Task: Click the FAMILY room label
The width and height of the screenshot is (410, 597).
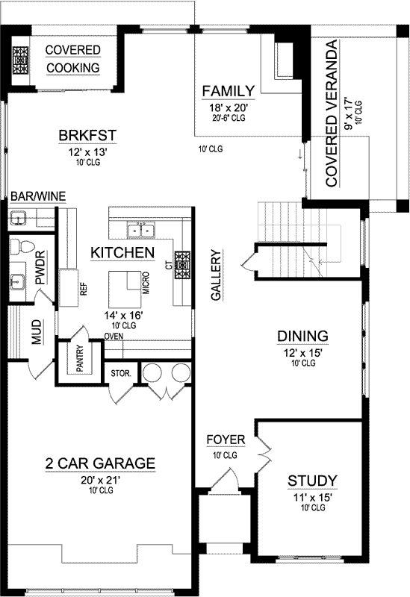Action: [229, 91]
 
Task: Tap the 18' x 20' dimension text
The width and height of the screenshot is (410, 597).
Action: [229, 107]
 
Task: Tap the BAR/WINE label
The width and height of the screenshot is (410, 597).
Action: [37, 196]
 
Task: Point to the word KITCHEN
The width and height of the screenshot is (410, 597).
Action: [122, 253]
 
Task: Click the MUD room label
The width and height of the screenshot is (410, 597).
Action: [36, 333]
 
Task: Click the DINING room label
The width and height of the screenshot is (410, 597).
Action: [299, 335]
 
